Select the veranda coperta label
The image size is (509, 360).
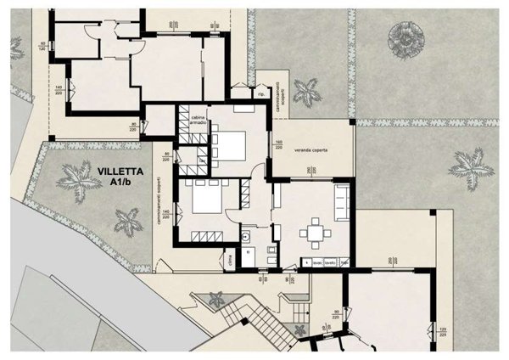tap(310, 150)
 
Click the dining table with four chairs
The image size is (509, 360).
tap(316, 231)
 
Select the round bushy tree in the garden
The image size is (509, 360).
tap(405, 37)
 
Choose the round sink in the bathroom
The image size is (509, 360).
tap(246, 252)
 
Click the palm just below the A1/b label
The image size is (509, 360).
tap(128, 222)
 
